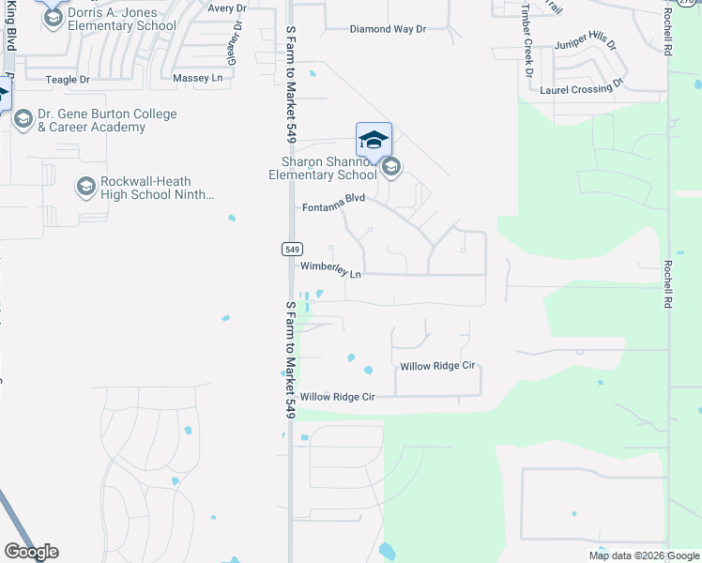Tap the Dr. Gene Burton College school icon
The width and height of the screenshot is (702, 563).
click(x=23, y=119)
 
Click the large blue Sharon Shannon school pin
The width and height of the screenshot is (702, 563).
click(x=374, y=141)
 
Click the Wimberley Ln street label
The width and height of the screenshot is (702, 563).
click(x=330, y=270)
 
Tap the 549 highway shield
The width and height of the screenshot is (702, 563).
click(x=291, y=249)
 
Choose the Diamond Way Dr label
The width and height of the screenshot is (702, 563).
click(x=388, y=29)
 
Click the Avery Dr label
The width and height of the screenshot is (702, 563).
click(x=226, y=8)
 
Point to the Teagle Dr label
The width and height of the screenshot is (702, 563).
click(x=68, y=80)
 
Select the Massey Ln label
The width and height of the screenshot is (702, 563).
click(x=205, y=77)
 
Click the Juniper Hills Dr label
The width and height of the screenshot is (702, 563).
click(x=587, y=43)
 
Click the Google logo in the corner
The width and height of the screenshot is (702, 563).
click(x=31, y=552)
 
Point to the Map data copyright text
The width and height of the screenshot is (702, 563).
click(x=643, y=555)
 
